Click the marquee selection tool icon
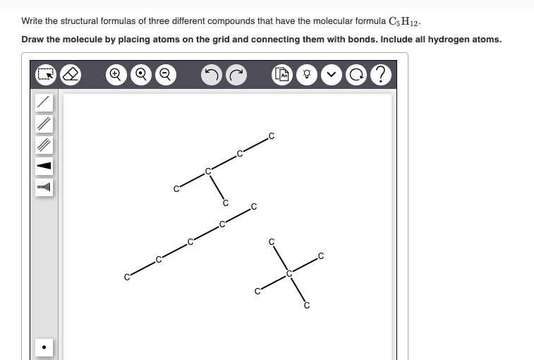[x=44, y=73]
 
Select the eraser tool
[x=70, y=73]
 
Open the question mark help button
[x=381, y=73]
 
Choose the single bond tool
[x=44, y=102]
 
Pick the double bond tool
[x=44, y=123]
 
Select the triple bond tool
[x=44, y=144]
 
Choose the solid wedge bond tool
[x=44, y=166]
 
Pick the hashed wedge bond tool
[x=44, y=187]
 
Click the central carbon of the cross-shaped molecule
[x=289, y=272]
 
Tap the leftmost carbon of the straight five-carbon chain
[x=127, y=277]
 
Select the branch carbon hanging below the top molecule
[x=226, y=203]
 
